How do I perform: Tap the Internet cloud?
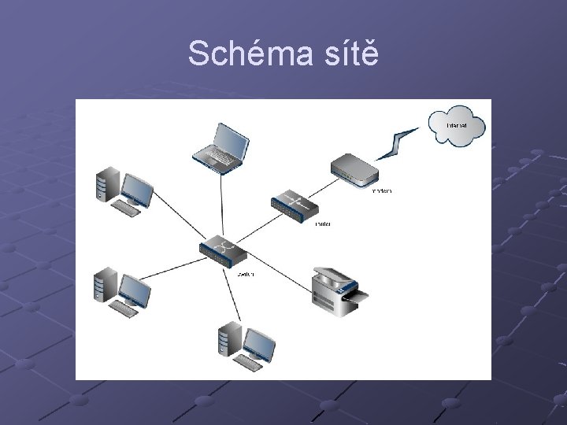456,126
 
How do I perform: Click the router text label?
322,224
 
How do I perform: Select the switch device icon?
222,249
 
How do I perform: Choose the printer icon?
337,290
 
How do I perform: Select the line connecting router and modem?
324,187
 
